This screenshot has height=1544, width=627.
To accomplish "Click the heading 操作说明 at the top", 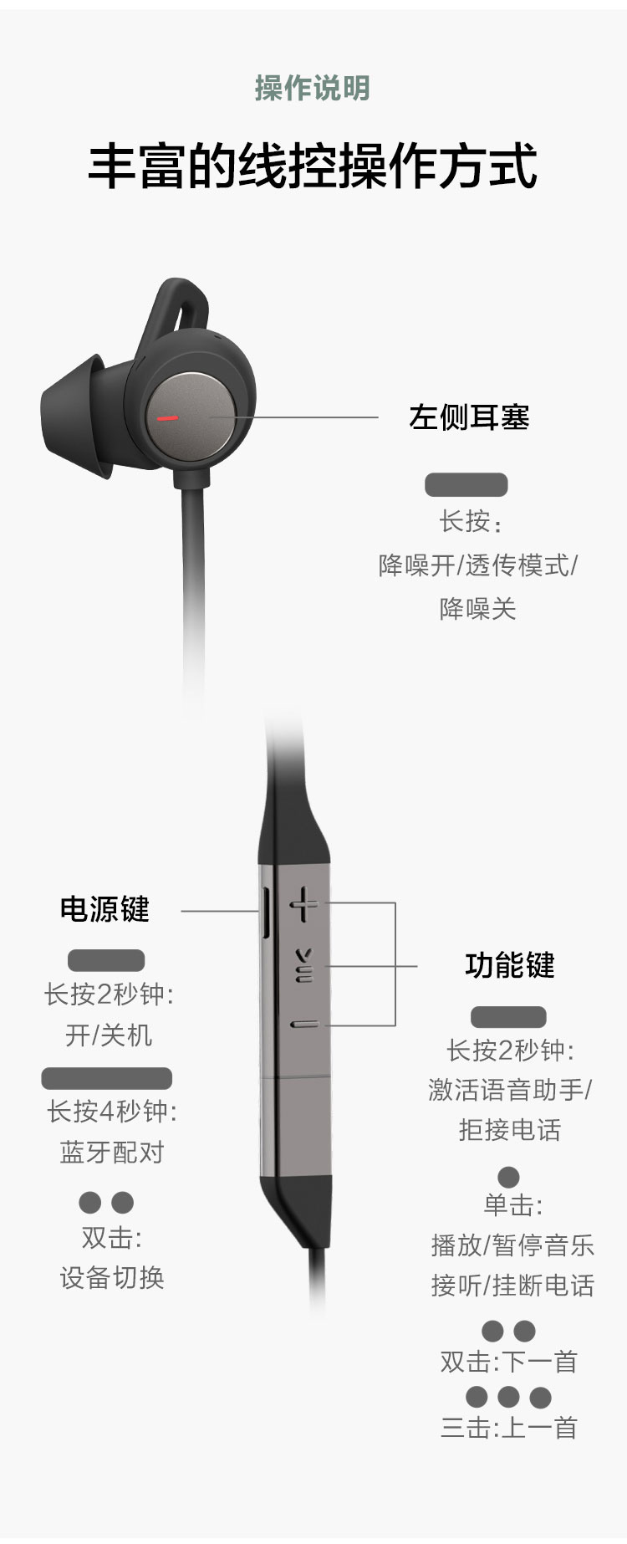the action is pyautogui.click(x=313, y=88).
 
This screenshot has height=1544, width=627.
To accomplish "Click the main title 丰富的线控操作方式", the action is pyautogui.click(x=313, y=166).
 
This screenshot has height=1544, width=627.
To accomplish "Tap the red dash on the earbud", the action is pyautogui.click(x=167, y=417).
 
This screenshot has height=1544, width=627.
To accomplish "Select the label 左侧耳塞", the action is pyautogui.click(x=469, y=417).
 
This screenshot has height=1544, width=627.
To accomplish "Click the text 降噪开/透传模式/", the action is pyautogui.click(x=478, y=565).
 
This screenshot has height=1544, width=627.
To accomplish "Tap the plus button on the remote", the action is pyautogui.click(x=304, y=904).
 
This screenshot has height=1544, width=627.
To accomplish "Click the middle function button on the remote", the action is pyautogui.click(x=304, y=966).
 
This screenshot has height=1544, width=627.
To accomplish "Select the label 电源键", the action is pyautogui.click(x=104, y=909).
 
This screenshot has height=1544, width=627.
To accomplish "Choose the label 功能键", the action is pyautogui.click(x=510, y=965).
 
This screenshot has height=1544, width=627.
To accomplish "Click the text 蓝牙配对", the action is pyautogui.click(x=112, y=1152).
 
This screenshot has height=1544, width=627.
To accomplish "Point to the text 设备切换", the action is pyautogui.click(x=112, y=1277).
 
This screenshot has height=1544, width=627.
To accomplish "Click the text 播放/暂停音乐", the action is pyautogui.click(x=512, y=1245).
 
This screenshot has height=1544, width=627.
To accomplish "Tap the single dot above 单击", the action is pyautogui.click(x=508, y=1178).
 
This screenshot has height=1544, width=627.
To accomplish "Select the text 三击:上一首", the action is pyautogui.click(x=509, y=1427).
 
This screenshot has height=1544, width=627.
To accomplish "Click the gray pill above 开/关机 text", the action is pyautogui.click(x=106, y=960).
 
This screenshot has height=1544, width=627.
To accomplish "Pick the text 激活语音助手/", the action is pyautogui.click(x=510, y=1089).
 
